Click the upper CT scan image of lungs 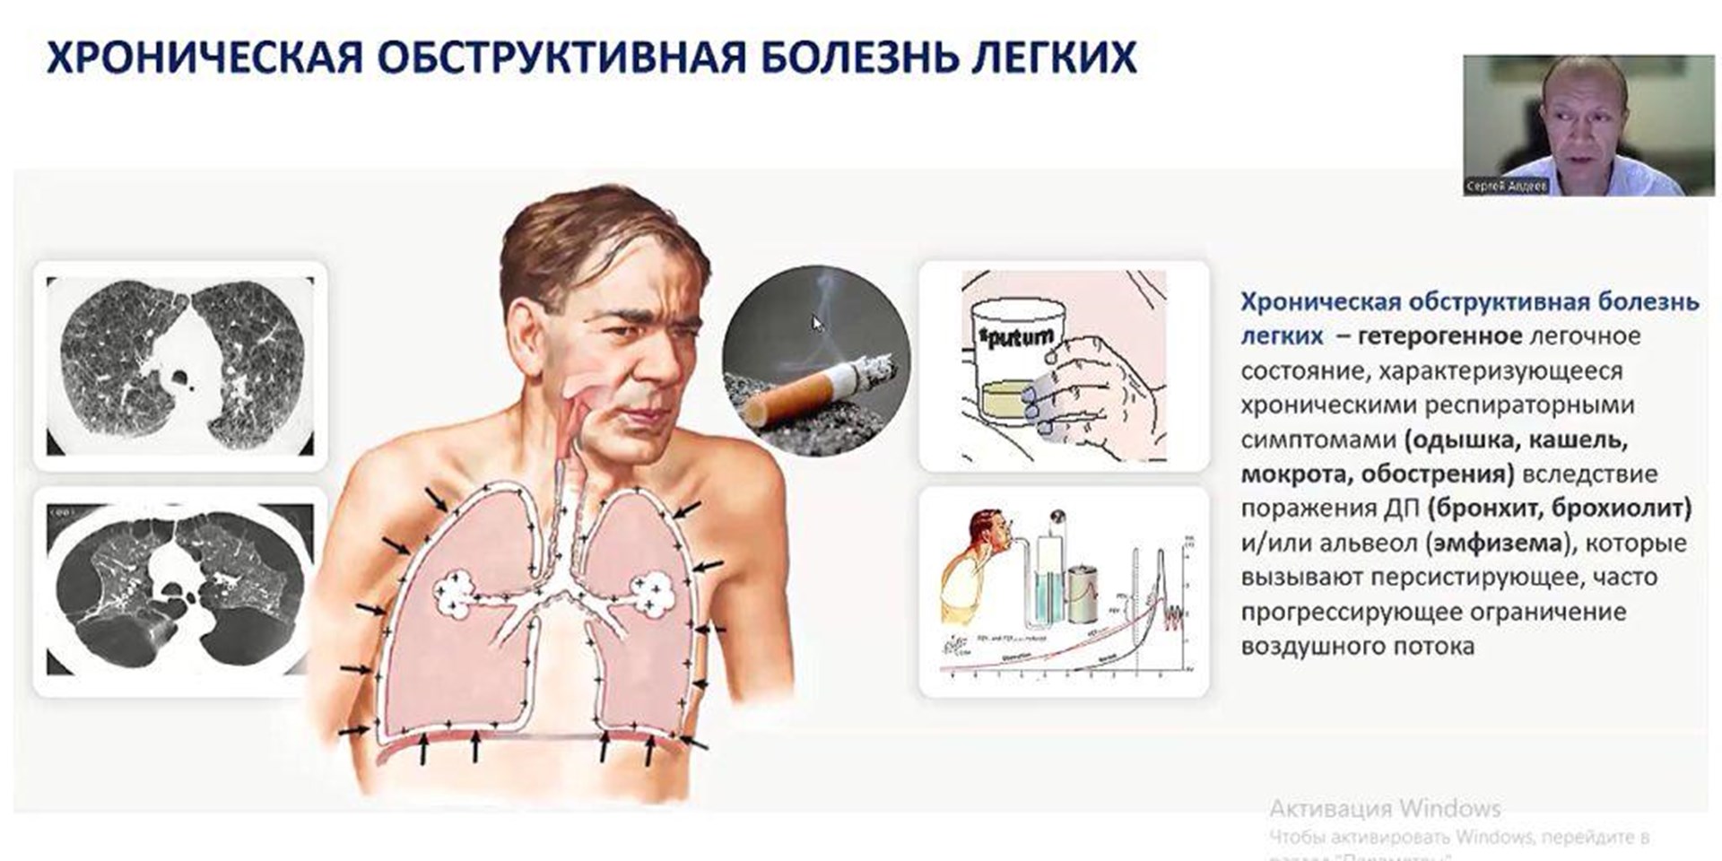coord(180,366)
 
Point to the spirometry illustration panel coord(1065,592)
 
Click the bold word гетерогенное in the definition coord(1439,336)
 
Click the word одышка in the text coord(1462,440)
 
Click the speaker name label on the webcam coord(1506,187)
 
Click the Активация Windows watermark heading coord(1385,809)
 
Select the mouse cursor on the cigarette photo coord(817,324)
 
